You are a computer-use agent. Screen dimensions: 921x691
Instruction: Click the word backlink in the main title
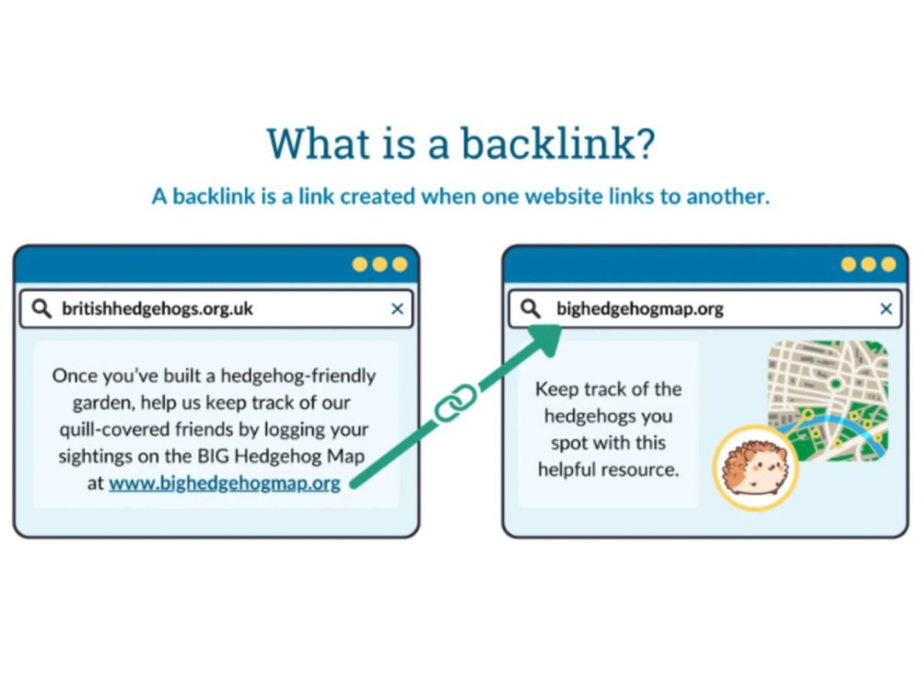tap(547, 144)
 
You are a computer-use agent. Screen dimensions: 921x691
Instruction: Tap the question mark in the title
tap(645, 144)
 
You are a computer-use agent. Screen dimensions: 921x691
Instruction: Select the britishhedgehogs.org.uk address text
tap(157, 309)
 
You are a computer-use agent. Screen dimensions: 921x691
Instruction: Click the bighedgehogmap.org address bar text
tap(640, 309)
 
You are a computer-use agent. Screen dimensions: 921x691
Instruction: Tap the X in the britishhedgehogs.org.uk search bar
tap(397, 309)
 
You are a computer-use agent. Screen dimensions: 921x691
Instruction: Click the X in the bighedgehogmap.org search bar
tap(886, 309)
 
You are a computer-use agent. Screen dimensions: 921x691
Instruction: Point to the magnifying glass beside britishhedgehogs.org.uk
tap(41, 308)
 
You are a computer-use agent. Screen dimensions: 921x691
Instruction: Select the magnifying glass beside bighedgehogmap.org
tap(530, 308)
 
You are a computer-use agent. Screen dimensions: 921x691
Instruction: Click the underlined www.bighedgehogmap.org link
tap(225, 483)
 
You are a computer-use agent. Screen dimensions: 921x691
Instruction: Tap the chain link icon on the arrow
tap(455, 402)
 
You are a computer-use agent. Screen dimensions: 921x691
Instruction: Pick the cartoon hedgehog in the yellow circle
tap(755, 467)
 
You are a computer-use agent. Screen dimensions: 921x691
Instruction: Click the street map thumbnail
tap(828, 401)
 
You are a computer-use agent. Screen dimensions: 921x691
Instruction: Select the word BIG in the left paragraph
tap(211, 456)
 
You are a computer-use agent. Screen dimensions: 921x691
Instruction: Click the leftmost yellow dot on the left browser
tap(359, 264)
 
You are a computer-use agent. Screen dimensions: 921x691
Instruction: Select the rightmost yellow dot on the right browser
tap(889, 264)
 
